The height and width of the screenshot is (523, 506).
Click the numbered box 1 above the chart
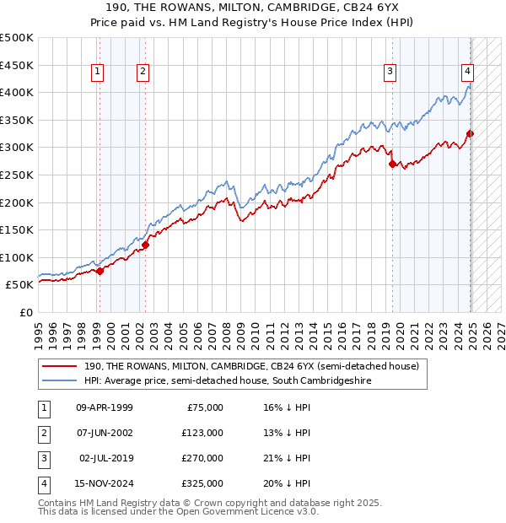[98, 73]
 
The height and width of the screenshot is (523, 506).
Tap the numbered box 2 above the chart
[143, 73]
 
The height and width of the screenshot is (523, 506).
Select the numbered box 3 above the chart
[390, 73]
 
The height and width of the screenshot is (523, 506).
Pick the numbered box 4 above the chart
[466, 73]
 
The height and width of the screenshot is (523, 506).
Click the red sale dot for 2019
[392, 164]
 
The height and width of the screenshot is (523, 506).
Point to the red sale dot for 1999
[100, 271]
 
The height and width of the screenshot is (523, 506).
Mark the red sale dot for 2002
[145, 245]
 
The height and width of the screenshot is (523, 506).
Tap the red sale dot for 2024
[471, 133]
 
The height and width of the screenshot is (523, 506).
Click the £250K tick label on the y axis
[17, 175]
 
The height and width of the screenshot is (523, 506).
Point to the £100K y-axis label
[17, 257]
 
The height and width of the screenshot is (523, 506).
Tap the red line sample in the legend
[59, 366]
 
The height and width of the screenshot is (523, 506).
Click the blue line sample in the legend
[59, 381]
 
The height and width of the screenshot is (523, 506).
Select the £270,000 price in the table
[203, 458]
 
